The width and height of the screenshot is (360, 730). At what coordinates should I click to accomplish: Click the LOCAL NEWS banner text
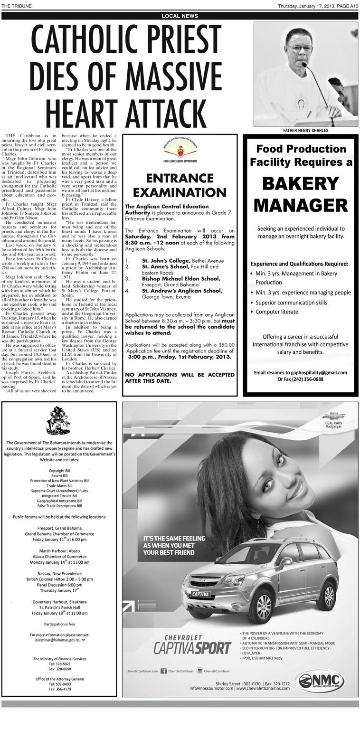point(180,16)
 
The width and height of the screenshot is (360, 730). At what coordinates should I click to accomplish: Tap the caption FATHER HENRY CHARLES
point(305,130)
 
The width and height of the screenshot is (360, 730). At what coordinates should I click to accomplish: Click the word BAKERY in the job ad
point(300,183)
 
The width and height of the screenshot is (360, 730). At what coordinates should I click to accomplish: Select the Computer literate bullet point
point(277,312)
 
